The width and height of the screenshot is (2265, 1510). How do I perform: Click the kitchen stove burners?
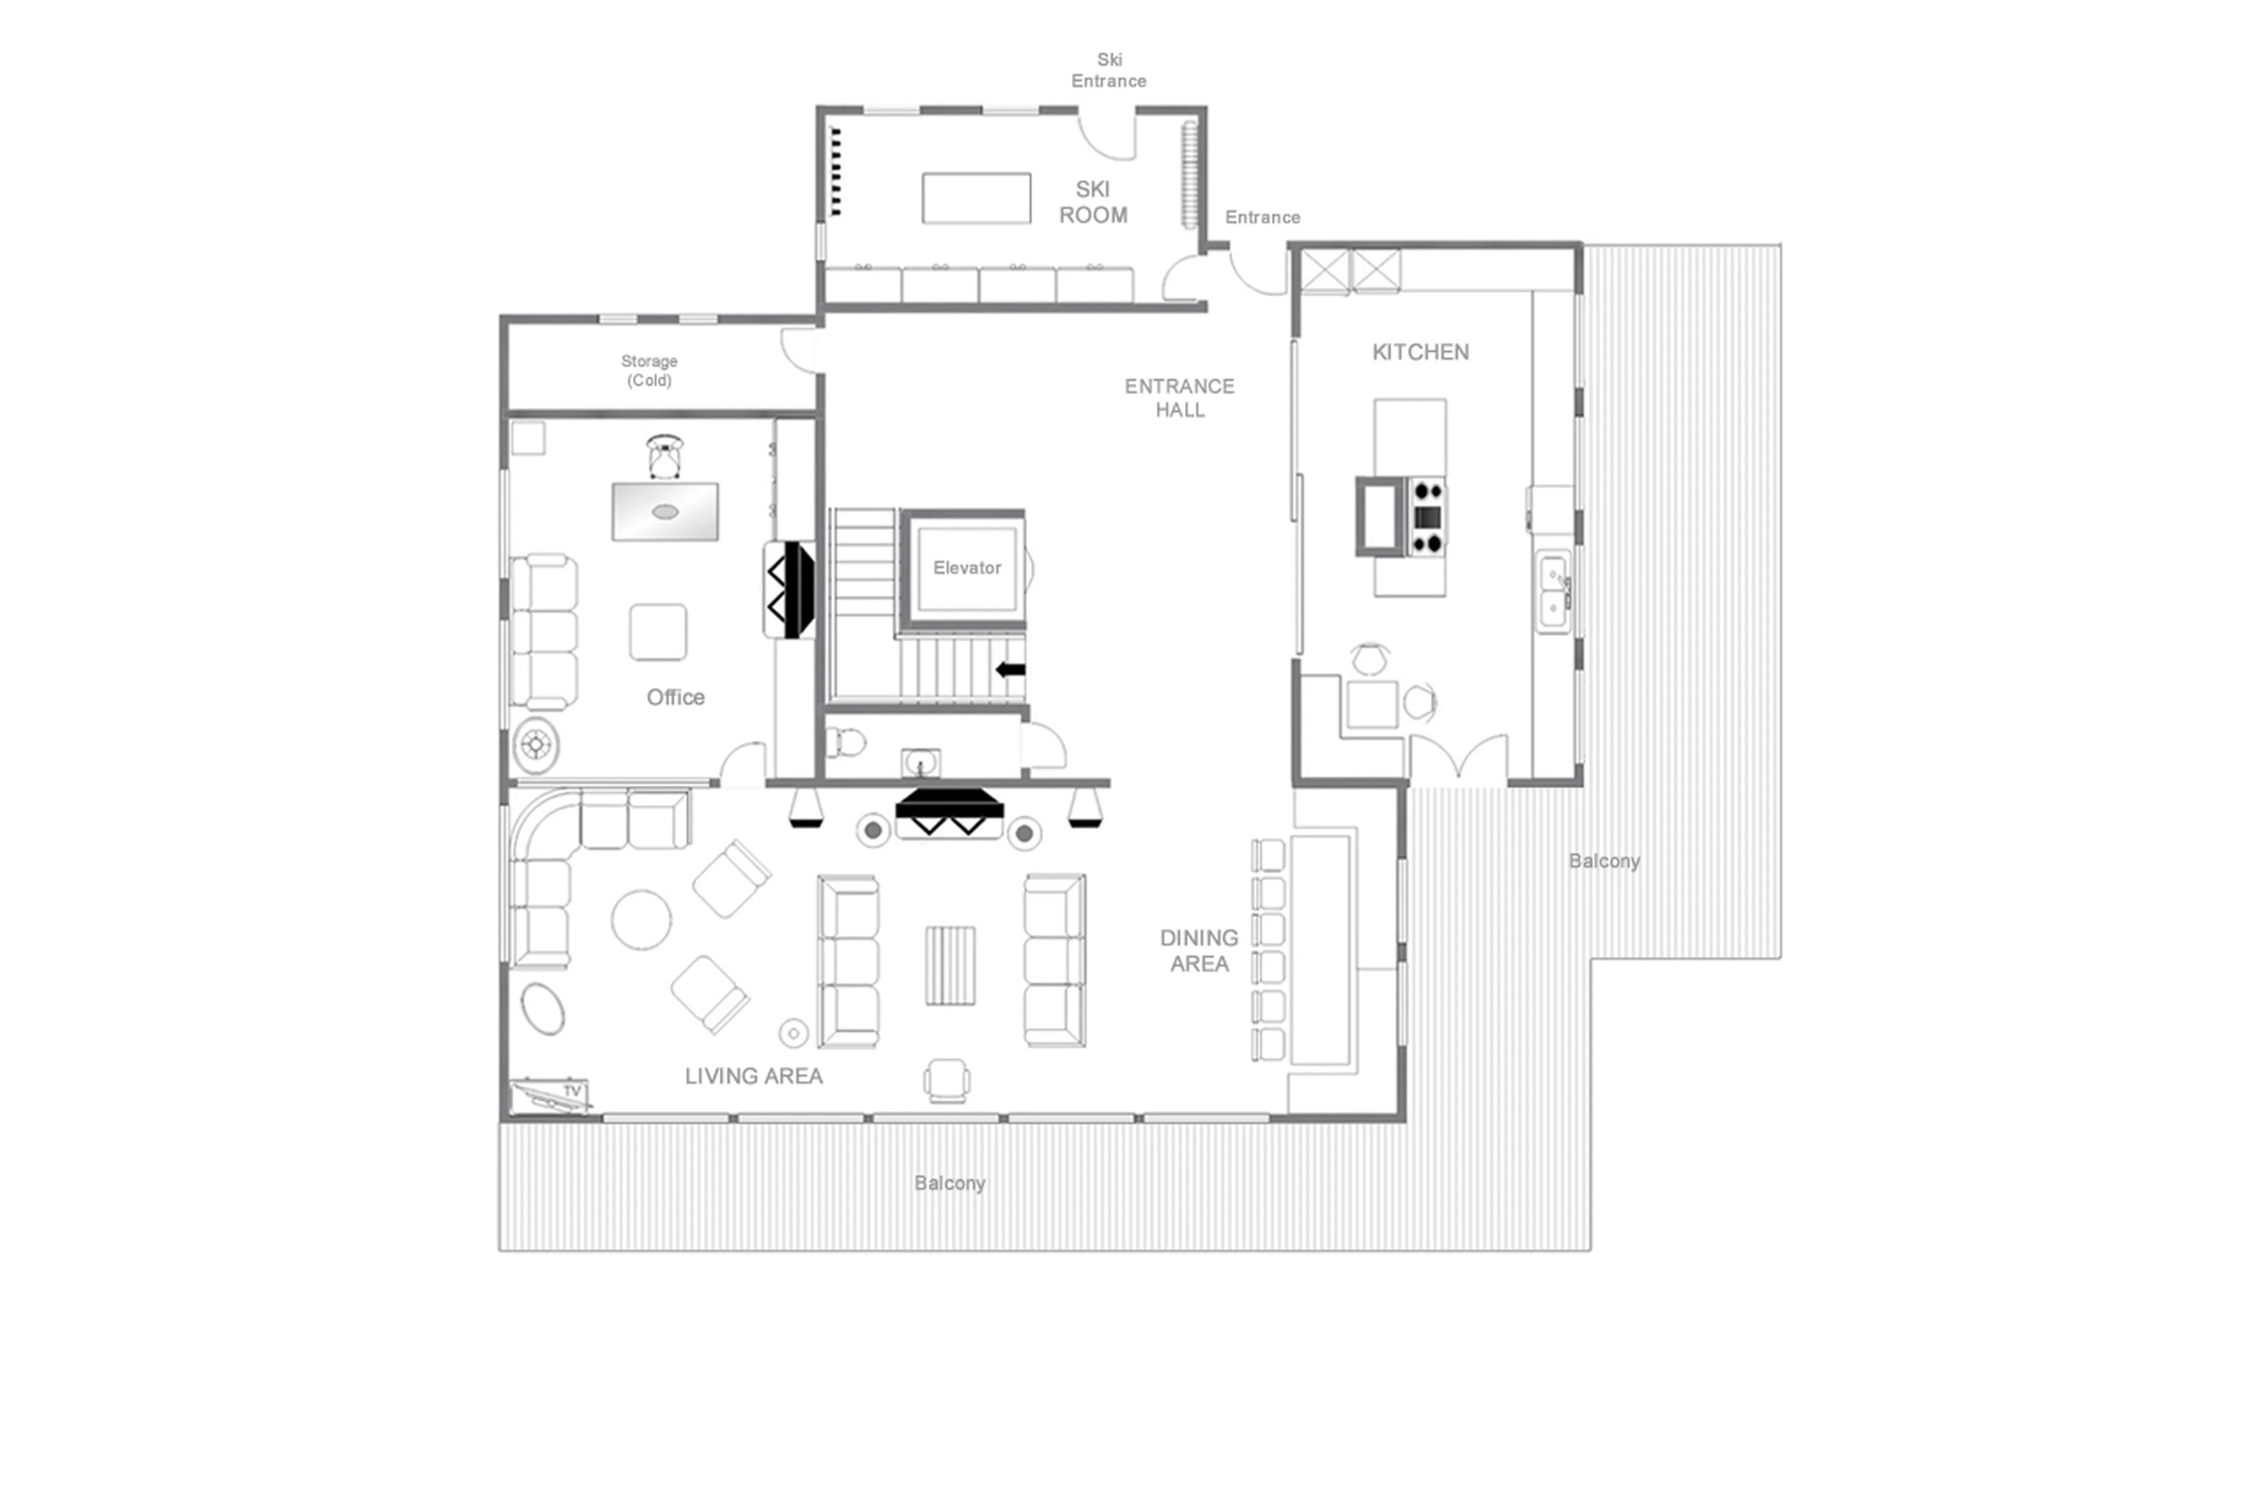point(1427,517)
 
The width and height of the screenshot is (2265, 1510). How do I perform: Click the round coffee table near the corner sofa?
point(641,920)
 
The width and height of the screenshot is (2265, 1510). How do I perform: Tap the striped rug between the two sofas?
point(950,965)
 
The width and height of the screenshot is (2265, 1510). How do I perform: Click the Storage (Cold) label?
point(649,370)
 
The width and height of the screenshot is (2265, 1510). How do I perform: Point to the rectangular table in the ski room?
point(976,198)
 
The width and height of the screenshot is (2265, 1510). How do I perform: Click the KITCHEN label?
point(1420,352)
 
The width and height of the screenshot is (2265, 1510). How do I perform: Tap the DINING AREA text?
point(1199,951)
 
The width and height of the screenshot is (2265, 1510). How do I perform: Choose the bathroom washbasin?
point(920,764)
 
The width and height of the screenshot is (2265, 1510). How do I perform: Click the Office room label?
point(675,697)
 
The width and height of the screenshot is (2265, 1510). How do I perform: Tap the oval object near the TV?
point(543,1008)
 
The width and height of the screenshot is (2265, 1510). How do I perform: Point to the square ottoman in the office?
point(658,632)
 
